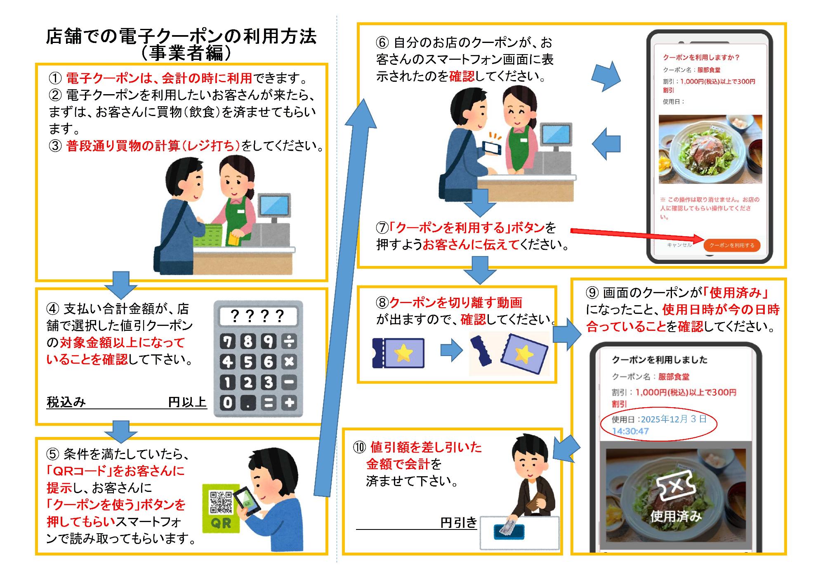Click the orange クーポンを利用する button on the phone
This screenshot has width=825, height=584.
coord(732,245)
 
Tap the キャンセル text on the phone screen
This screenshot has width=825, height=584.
coord(679,245)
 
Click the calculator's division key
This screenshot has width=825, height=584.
coord(289,341)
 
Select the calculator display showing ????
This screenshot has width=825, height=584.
coord(258,316)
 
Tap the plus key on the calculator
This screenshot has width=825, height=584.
coord(289,403)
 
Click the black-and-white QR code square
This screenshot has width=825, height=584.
coord(221,502)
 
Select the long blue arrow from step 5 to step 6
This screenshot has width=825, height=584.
coord(345,297)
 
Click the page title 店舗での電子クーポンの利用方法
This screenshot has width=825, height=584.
coord(181,36)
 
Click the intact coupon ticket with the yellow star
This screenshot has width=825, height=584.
coord(398,353)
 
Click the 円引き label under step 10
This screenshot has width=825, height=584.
coord(458,522)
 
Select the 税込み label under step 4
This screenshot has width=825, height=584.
coord(66,402)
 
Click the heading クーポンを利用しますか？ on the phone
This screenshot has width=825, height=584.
coord(701,57)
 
